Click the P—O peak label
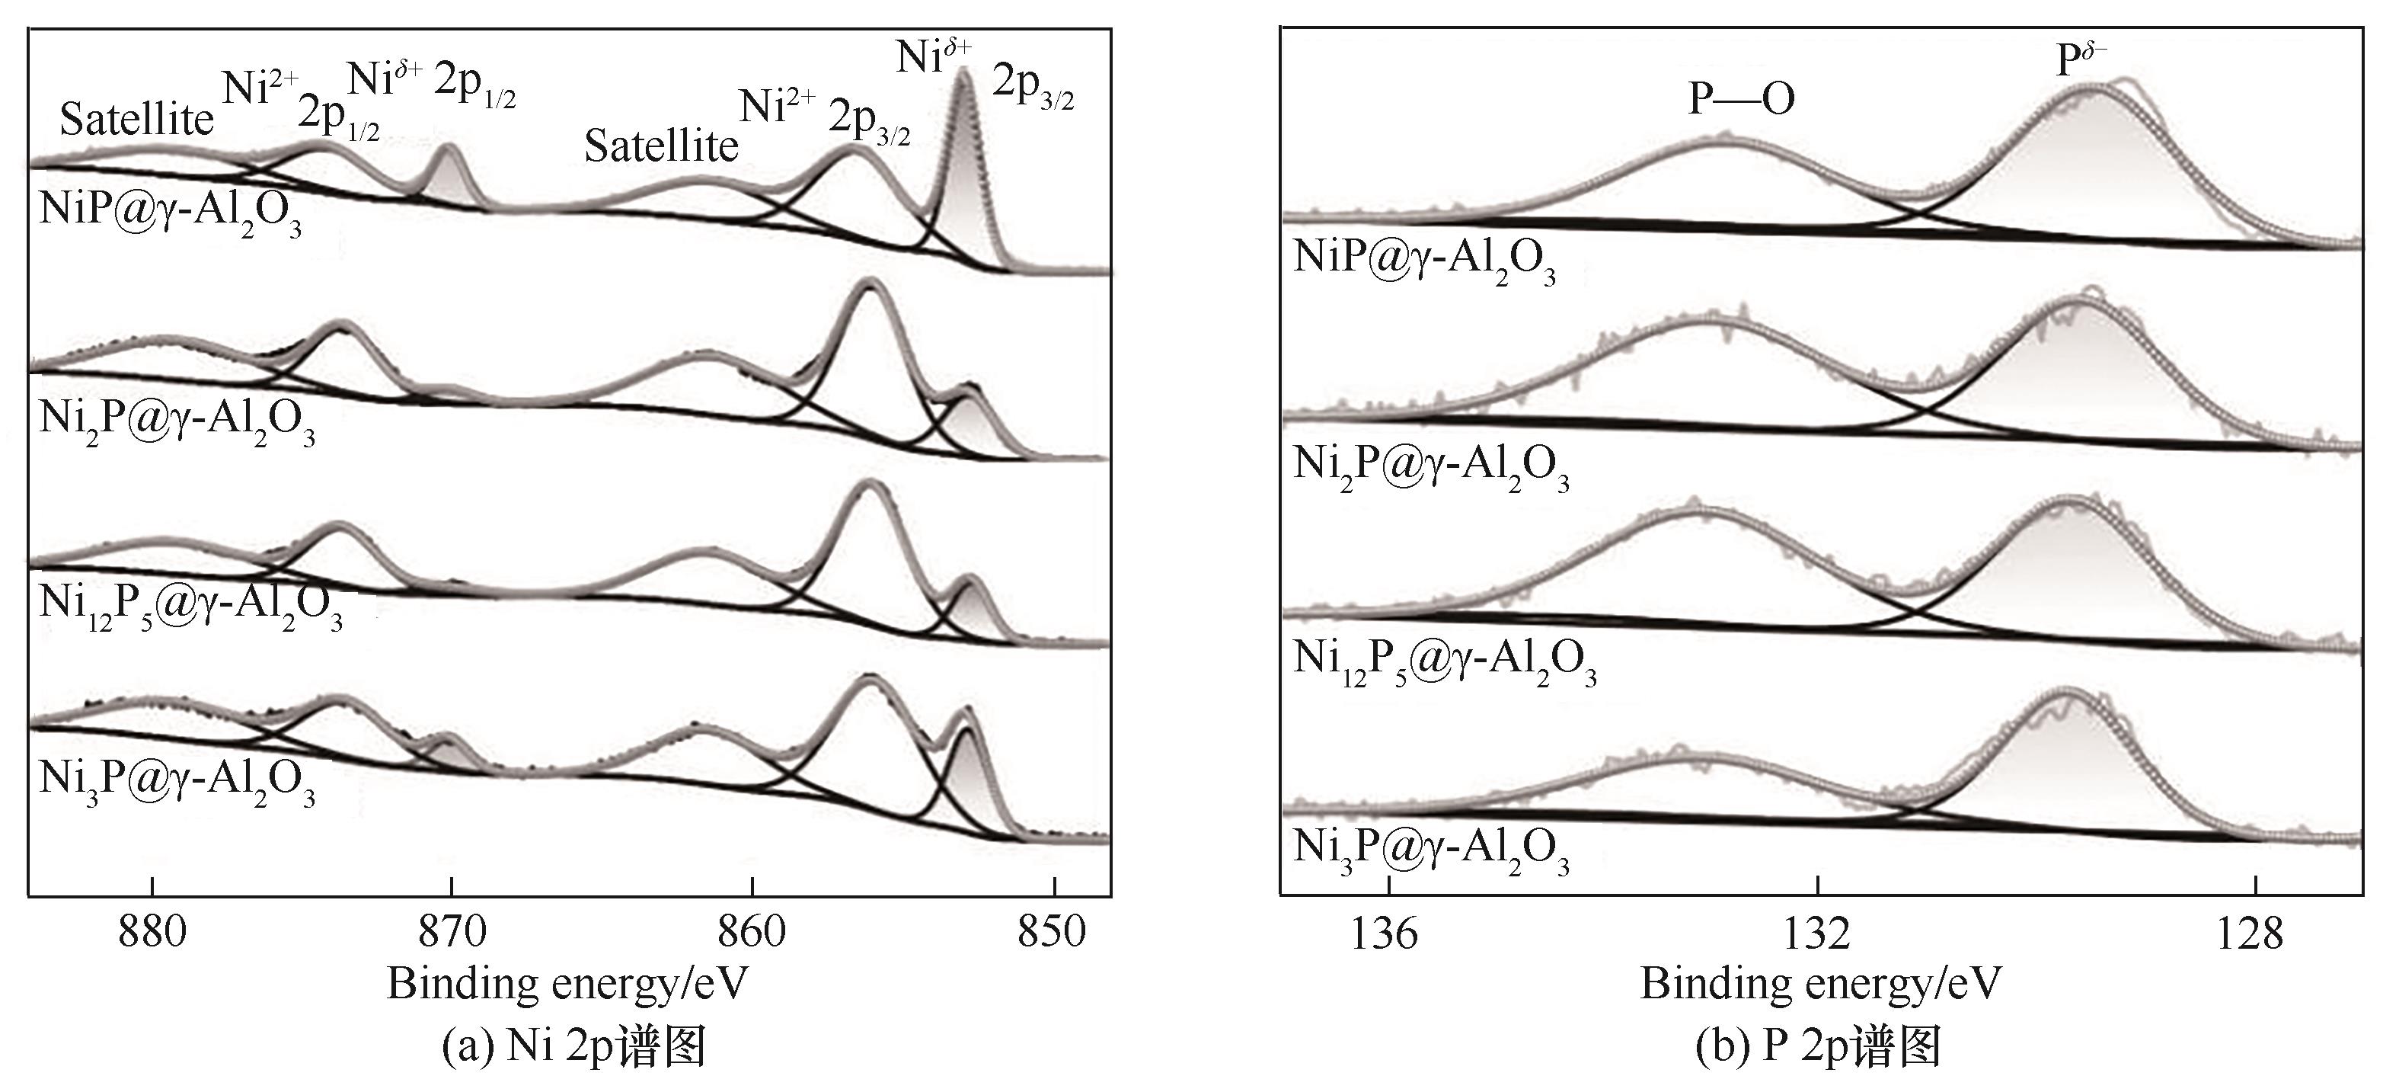(x=1742, y=100)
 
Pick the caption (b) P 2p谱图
(x=1819, y=1046)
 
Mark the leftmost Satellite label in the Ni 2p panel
(x=137, y=120)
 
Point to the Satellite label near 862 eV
(x=661, y=146)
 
